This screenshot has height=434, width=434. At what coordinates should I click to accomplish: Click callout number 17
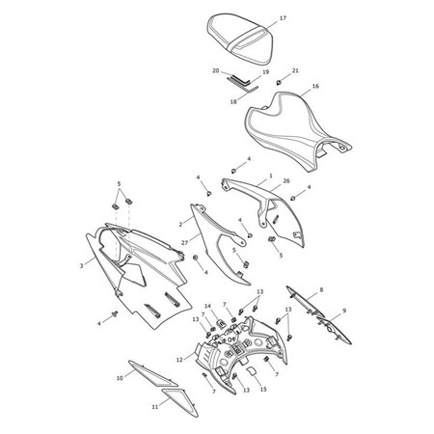coord(283,18)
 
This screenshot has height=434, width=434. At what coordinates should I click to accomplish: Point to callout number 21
coord(295,70)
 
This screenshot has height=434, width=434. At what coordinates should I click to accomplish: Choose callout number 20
coord(217,70)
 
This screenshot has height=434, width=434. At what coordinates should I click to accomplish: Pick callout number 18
coord(233,100)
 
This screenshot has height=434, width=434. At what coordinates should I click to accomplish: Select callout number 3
coord(81,262)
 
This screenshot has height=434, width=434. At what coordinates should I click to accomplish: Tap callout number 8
coord(321,289)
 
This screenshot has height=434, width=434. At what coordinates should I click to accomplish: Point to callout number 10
coord(119,378)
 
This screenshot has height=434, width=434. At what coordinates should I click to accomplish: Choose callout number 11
coord(154,407)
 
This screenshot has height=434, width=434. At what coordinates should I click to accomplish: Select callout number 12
coord(179,359)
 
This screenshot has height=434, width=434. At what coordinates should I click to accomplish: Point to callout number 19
coord(264,70)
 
